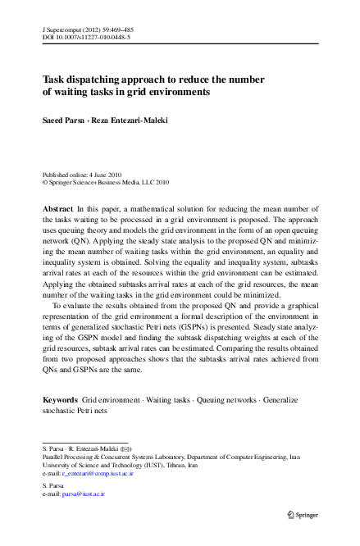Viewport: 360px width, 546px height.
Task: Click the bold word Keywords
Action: coord(60,399)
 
